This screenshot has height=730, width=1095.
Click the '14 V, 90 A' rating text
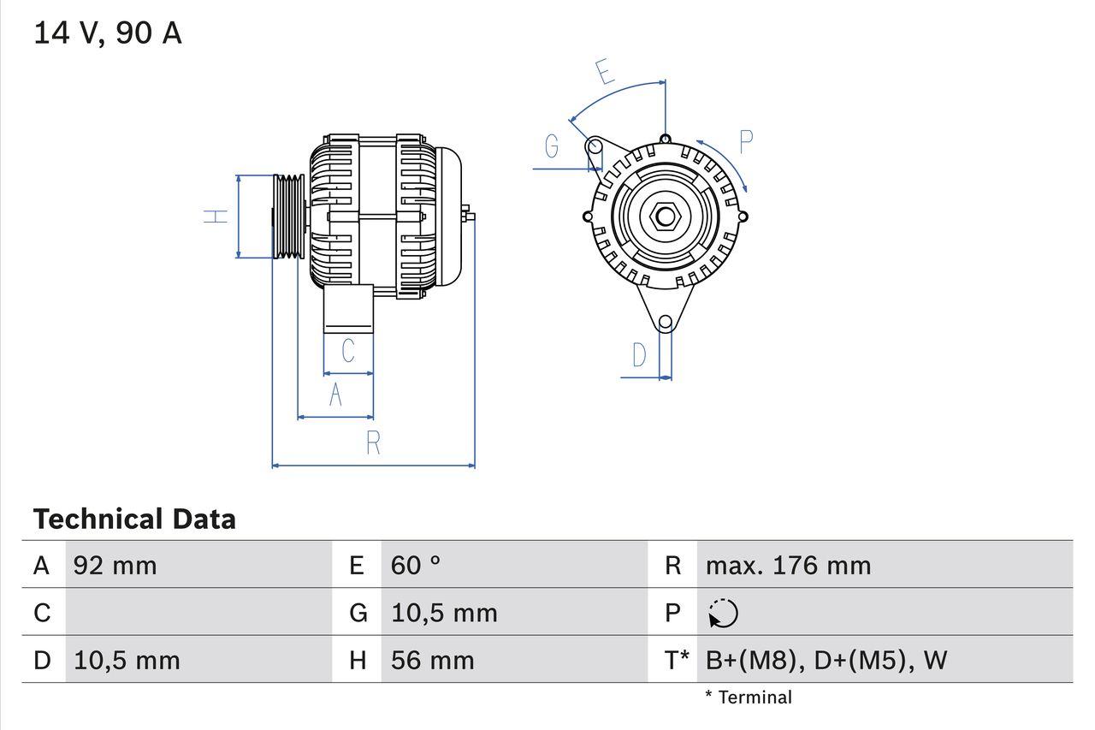[x=108, y=33]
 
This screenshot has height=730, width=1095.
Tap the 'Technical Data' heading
[x=134, y=519]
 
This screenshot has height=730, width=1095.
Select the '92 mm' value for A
[x=115, y=565]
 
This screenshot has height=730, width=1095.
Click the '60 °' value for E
[x=416, y=565]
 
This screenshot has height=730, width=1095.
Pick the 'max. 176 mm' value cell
[x=788, y=565]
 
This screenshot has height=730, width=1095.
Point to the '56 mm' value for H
[x=432, y=660]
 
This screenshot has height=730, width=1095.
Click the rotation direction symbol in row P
[x=723, y=613]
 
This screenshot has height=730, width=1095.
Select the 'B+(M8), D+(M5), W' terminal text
[x=826, y=660]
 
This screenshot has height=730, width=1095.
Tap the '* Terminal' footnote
[x=749, y=697]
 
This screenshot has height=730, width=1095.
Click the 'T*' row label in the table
[x=677, y=660]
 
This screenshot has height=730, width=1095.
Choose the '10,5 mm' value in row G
[x=444, y=613]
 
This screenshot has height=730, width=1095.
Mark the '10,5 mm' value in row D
[x=127, y=660]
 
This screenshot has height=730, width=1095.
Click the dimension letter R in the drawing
[x=373, y=443]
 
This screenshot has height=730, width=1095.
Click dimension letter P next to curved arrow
[x=745, y=142]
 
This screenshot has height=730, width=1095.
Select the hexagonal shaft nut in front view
[x=665, y=216]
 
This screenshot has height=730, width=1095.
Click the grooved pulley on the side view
[x=288, y=216]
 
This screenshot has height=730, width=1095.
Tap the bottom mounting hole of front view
[x=666, y=323]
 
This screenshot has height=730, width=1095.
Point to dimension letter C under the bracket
[x=348, y=351]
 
